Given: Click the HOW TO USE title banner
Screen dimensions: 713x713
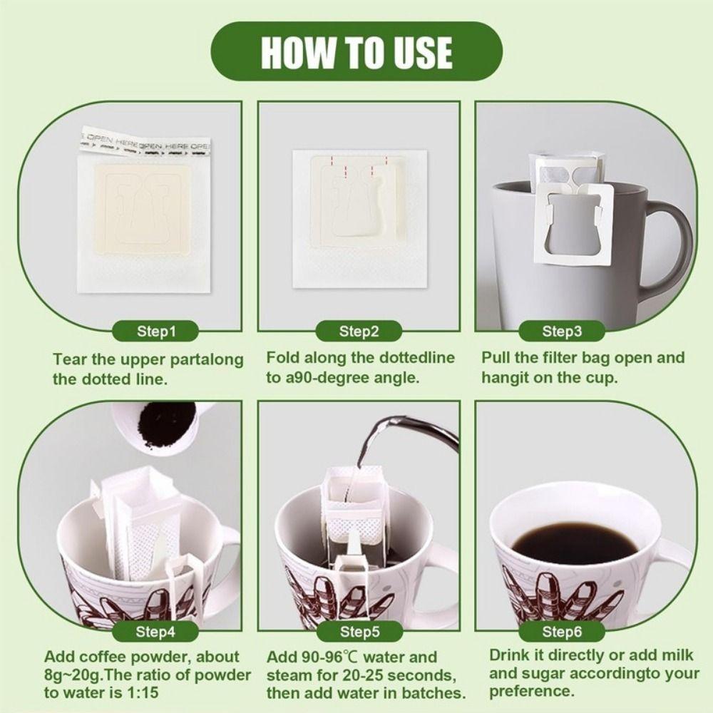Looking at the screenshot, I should tap(356, 52).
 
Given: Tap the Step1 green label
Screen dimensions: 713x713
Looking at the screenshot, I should tap(155, 331).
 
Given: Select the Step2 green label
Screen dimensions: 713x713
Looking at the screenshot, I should tap(359, 331).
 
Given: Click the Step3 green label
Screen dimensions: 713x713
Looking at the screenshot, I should tap(562, 331).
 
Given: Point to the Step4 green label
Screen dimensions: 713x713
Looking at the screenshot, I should tap(155, 631).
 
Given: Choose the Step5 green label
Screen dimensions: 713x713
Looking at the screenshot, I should tap(359, 631).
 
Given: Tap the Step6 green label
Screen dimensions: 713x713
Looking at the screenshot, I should tap(562, 631).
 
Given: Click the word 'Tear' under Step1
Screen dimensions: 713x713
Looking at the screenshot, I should tap(70, 359).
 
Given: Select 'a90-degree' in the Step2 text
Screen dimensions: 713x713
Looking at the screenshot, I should tap(324, 377).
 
